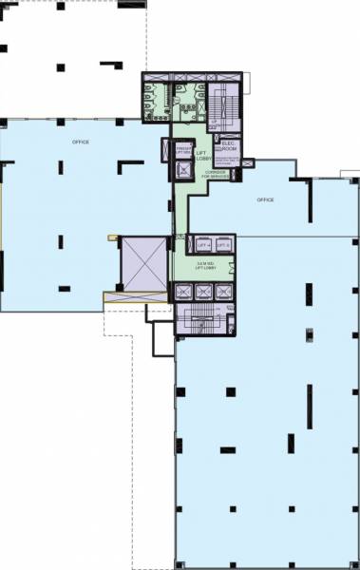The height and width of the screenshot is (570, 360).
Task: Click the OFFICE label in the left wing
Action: point(81,142)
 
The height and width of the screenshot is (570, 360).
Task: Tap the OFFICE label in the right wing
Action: point(265,199)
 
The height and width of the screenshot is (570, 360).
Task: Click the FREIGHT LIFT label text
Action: point(183,150)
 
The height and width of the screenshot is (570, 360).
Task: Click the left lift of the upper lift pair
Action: point(197,245)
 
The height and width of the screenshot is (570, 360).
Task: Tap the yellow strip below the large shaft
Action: point(138,296)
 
